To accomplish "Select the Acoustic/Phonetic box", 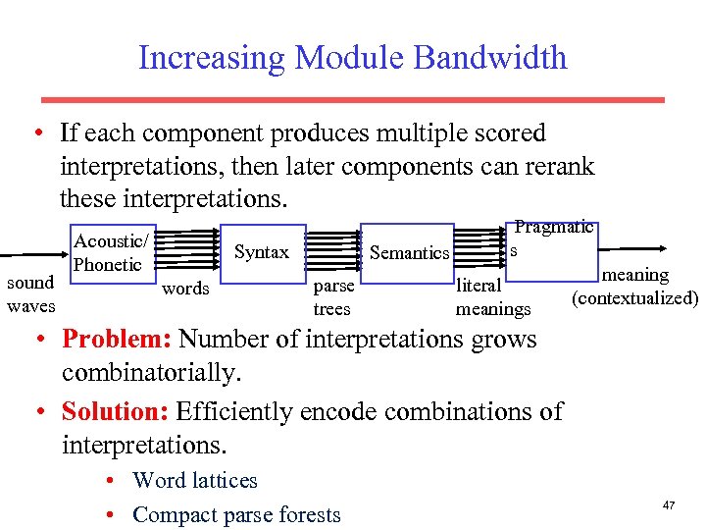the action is [111, 252].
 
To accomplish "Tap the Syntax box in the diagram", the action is [262, 252].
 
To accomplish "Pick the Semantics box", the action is [409, 253].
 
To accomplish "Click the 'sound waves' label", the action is [31, 293].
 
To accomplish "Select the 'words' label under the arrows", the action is [185, 289].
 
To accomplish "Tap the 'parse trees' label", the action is [332, 297].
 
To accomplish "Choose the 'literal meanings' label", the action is [492, 297].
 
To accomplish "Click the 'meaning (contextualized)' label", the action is [635, 287].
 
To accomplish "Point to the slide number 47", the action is [669, 504].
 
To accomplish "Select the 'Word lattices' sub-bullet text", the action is [194, 480].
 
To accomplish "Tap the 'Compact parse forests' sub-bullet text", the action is [236, 514].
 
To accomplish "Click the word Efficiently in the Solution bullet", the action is [238, 410].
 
